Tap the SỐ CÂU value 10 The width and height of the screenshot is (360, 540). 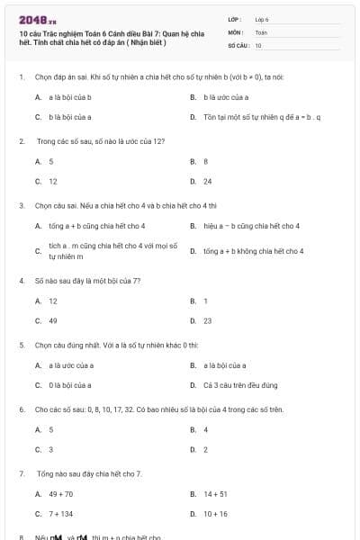(x=258, y=44)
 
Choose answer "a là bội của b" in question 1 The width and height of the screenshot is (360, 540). (x=70, y=96)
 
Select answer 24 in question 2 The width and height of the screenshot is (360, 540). (x=208, y=181)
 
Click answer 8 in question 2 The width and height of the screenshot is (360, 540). (x=206, y=161)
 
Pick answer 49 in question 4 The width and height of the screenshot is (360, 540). (x=53, y=320)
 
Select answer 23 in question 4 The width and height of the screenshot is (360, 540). (x=208, y=320)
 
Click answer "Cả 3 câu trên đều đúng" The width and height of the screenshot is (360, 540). (x=238, y=385)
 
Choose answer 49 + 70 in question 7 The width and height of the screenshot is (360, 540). (x=61, y=494)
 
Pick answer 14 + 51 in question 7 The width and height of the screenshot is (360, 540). (x=215, y=494)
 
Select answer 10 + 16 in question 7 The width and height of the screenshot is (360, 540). (x=215, y=514)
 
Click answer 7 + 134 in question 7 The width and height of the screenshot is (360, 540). (x=61, y=514)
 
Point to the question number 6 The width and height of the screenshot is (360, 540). (x=21, y=409)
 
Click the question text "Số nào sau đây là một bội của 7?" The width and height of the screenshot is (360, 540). (x=88, y=281)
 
